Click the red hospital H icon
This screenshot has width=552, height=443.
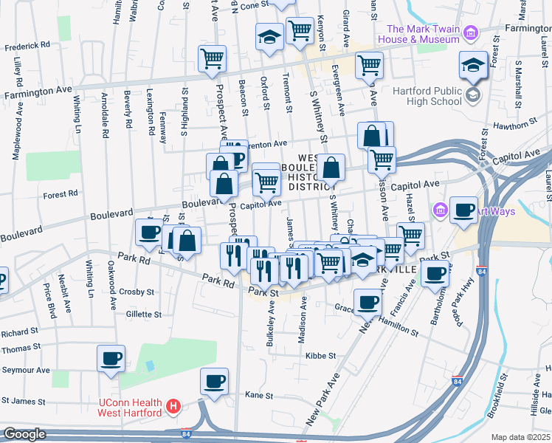pyautogui.click(x=173, y=406)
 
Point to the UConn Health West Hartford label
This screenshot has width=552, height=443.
pyautogui.click(x=130, y=407)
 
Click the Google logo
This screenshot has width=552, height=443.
pyautogui.click(x=25, y=434)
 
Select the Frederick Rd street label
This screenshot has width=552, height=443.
pyautogui.click(x=27, y=46)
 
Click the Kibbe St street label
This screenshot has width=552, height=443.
pyautogui.click(x=320, y=355)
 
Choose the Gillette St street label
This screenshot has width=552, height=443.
pyautogui.click(x=143, y=314)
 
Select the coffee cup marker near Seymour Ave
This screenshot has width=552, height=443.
pyautogui.click(x=111, y=359)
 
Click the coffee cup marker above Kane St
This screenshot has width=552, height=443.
pyautogui.click(x=215, y=381)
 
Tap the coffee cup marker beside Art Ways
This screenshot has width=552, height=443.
pyautogui.click(x=463, y=209)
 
